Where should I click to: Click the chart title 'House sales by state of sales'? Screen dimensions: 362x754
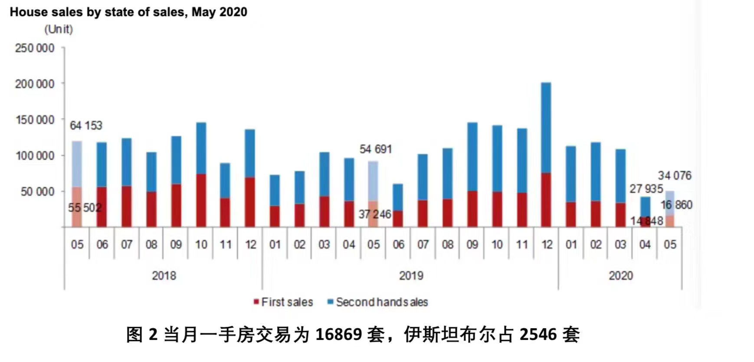(128, 12)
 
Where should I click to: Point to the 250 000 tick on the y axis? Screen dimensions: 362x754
(35, 48)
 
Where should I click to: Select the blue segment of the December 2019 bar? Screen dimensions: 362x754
(546, 128)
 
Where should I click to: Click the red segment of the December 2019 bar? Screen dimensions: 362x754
(546, 200)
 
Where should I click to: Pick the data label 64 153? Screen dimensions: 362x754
(86, 125)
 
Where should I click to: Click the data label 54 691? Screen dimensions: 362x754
(376, 149)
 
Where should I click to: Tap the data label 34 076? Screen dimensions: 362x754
(675, 175)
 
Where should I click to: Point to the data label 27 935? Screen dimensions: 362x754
(646, 189)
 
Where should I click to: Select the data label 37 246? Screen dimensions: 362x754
(375, 214)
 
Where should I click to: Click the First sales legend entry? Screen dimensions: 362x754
(283, 302)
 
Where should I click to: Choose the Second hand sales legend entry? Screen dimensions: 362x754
(377, 302)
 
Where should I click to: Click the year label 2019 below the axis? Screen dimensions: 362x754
(411, 276)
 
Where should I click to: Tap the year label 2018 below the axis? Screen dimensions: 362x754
(164, 276)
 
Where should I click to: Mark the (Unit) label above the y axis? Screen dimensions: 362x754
(59, 29)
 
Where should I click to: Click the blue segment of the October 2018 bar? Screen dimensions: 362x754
(201, 148)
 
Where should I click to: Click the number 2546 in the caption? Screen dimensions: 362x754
(538, 335)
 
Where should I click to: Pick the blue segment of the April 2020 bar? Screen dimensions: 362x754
(645, 207)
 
